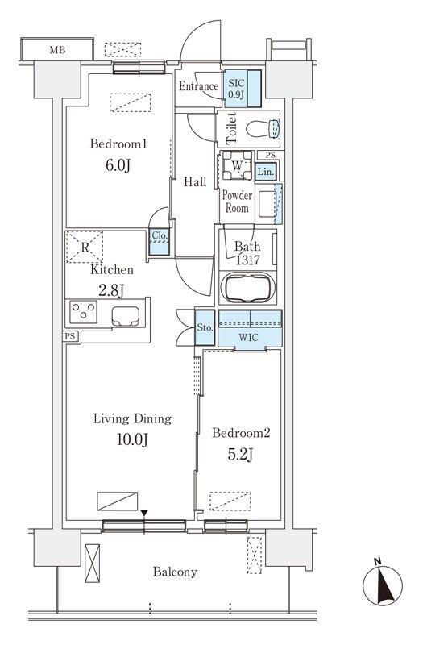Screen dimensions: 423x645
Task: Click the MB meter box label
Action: point(57,50)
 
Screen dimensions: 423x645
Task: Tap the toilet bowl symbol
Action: point(263,129)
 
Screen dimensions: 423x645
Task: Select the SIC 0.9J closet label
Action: point(236,89)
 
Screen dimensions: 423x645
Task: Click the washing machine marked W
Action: point(237,165)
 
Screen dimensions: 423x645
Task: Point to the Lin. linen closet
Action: point(266,172)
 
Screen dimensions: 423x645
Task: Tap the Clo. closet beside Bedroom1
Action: point(159,242)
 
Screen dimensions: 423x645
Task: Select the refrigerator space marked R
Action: point(85,247)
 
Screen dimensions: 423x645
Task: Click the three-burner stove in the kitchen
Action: point(84,312)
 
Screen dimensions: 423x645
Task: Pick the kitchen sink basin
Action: point(126,316)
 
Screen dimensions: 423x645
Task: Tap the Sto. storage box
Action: point(205,328)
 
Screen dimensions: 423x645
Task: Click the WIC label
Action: point(249,338)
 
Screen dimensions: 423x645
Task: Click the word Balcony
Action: point(175,572)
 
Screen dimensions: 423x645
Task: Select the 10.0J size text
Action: point(132,439)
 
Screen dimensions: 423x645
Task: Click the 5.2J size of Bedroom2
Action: point(241,454)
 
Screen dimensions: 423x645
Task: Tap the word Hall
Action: point(195,182)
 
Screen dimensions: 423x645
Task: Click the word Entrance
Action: point(198,86)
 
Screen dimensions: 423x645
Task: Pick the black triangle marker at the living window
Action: point(144,514)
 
